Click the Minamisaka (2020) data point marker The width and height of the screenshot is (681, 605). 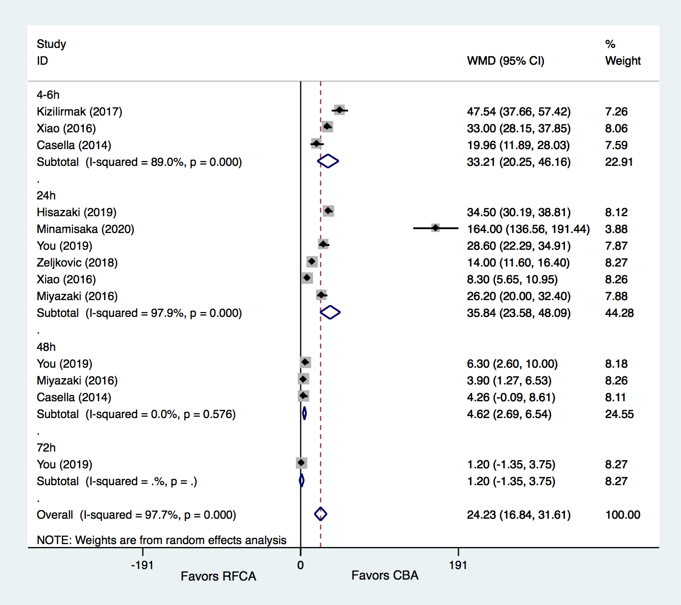click(435, 228)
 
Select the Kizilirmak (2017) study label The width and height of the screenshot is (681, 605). click(80, 112)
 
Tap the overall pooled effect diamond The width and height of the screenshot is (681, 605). click(320, 514)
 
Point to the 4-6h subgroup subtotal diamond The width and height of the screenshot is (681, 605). click(328, 161)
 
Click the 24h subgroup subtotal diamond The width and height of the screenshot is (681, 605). click(330, 313)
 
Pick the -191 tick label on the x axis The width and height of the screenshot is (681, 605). click(142, 565)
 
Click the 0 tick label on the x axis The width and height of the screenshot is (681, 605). click(300, 565)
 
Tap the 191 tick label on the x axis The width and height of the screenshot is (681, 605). click(458, 565)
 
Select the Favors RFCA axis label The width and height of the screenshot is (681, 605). click(218, 576)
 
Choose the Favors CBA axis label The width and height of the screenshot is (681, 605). click(385, 575)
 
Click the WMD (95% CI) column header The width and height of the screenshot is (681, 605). click(505, 61)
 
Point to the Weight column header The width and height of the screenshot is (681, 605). click(622, 61)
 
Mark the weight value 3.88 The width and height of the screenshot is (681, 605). click(616, 229)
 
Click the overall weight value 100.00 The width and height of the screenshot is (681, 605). click(622, 515)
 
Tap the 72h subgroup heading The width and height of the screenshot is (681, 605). click(46, 448)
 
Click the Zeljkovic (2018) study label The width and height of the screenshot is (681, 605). click(77, 263)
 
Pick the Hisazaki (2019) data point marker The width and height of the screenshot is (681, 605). click(328, 211)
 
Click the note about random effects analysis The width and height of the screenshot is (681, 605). click(162, 540)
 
